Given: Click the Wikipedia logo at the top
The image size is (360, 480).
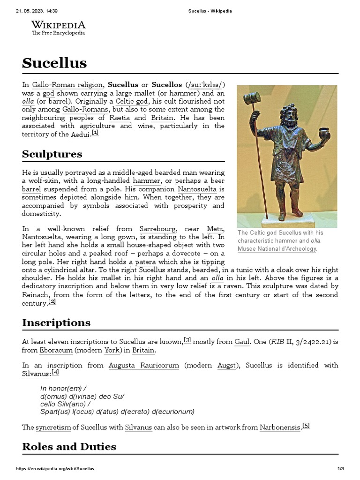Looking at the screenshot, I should (x=58, y=28).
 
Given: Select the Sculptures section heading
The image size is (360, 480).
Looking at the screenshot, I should (x=52, y=154).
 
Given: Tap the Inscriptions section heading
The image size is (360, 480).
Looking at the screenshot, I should (x=56, y=322).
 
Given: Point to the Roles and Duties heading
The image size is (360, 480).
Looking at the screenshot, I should (x=69, y=446).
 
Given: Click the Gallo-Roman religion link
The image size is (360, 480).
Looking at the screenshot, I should (x=67, y=85).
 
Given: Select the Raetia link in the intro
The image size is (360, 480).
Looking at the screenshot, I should (x=120, y=118).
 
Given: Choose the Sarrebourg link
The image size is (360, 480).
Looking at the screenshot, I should (x=158, y=229).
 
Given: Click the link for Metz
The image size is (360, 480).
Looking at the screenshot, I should (x=215, y=229).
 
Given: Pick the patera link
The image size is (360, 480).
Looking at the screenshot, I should (x=145, y=262).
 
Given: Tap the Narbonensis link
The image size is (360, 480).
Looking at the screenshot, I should (x=280, y=427).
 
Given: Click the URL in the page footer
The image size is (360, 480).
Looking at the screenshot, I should (x=55, y=469).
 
